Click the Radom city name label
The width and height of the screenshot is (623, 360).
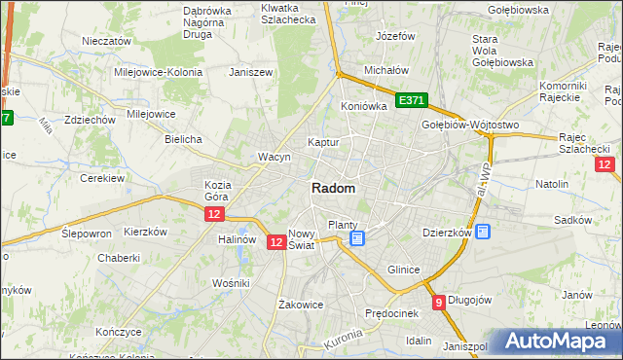333,188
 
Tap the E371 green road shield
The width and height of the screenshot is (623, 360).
411,99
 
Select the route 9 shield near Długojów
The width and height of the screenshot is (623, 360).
439,302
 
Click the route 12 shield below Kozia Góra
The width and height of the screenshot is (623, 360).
215,213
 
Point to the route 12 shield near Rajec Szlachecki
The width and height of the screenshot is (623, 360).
605,164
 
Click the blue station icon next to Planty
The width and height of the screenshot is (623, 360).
357,237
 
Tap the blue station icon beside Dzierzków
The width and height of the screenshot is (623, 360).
483,232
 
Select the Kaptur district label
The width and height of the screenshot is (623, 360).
323,142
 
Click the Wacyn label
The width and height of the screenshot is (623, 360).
274,157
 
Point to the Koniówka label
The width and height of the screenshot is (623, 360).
364,106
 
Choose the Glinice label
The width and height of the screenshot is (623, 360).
403,270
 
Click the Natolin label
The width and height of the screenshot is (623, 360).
552,183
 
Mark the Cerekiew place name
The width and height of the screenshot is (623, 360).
101,179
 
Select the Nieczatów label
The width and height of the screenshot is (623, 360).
107,42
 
